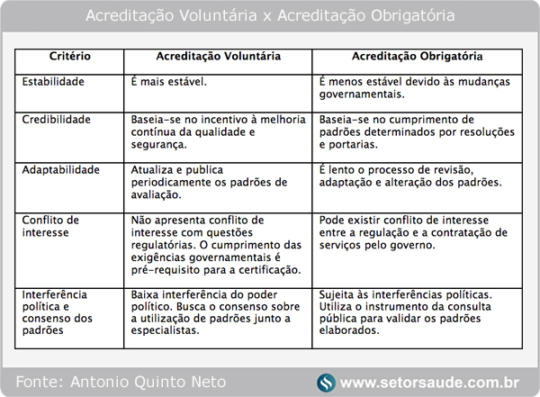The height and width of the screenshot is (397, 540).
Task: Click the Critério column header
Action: pos(71,56)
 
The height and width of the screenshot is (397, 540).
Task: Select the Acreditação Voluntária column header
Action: pos(219,56)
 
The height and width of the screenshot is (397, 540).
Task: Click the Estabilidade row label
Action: pos(53,81)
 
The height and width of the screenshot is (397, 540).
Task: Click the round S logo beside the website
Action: pos(326,382)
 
